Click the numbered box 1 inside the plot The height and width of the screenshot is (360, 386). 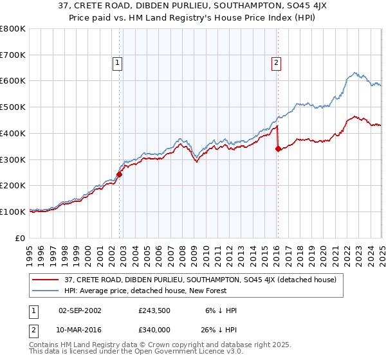(118, 62)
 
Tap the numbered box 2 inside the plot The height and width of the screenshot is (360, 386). (276, 62)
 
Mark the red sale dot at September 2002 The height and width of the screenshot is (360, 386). (120, 174)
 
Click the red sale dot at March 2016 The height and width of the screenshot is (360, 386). (278, 148)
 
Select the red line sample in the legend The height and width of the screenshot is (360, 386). (46, 280)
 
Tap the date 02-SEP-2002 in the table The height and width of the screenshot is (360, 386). (80, 310)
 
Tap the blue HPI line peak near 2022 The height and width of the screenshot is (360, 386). (354, 72)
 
